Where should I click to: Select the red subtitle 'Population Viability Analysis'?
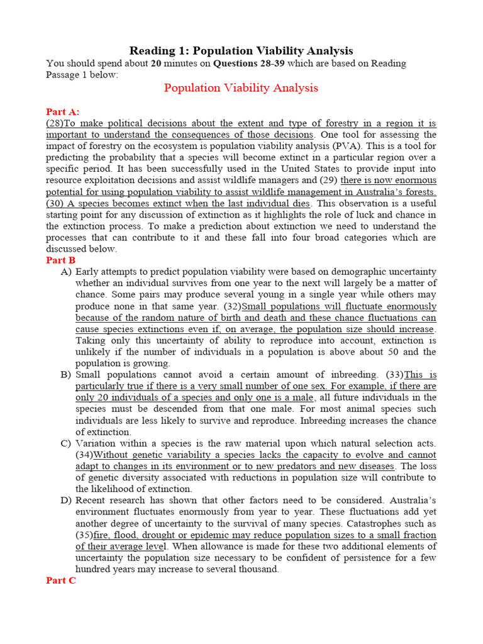(241, 87)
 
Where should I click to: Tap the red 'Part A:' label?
(63, 111)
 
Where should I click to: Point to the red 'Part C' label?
(61, 580)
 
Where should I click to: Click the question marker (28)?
(55, 123)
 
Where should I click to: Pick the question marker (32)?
(230, 306)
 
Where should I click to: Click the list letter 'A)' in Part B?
(66, 272)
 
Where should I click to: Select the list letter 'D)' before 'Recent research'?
(66, 501)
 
